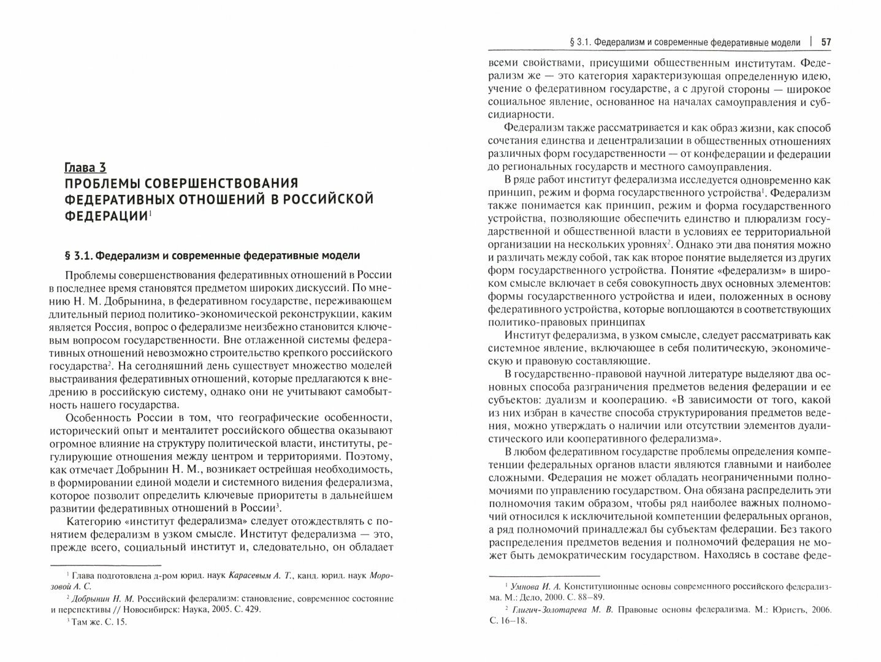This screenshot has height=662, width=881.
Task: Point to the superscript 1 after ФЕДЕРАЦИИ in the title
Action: click(x=150, y=213)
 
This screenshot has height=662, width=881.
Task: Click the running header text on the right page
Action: click(x=685, y=42)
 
